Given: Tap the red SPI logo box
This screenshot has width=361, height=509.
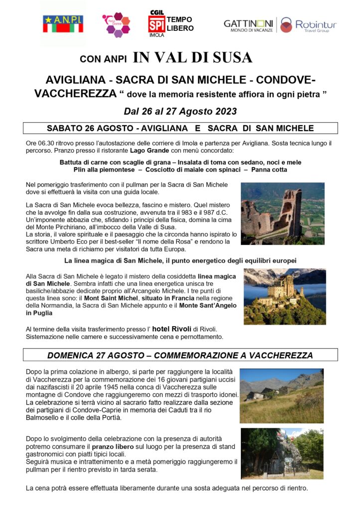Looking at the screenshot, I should pyautogui.click(x=156, y=24).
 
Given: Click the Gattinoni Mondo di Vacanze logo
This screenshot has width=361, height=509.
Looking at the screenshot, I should pyautogui.click(x=248, y=25).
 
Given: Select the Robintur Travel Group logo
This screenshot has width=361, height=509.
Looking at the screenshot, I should pyautogui.click(x=308, y=25).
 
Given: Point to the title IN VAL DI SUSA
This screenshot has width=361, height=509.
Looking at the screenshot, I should pyautogui.click(x=192, y=58).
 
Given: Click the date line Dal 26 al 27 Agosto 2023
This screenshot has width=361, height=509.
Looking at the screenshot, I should pyautogui.click(x=180, y=110).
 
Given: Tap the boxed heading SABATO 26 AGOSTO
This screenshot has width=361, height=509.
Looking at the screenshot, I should pyautogui.click(x=180, y=128).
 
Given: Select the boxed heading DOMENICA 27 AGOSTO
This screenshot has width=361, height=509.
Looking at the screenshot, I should pyautogui.click(x=180, y=355).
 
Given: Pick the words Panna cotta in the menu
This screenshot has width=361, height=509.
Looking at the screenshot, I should pyautogui.click(x=269, y=170).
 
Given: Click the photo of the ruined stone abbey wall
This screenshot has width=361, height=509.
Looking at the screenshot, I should pyautogui.click(x=283, y=213).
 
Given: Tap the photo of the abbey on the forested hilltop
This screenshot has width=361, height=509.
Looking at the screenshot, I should pyautogui.click(x=284, y=296).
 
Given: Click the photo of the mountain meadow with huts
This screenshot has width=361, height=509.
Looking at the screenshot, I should pyautogui.click(x=281, y=396).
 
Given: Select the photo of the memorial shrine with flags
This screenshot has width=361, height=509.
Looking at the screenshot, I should pyautogui.click(x=281, y=453).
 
